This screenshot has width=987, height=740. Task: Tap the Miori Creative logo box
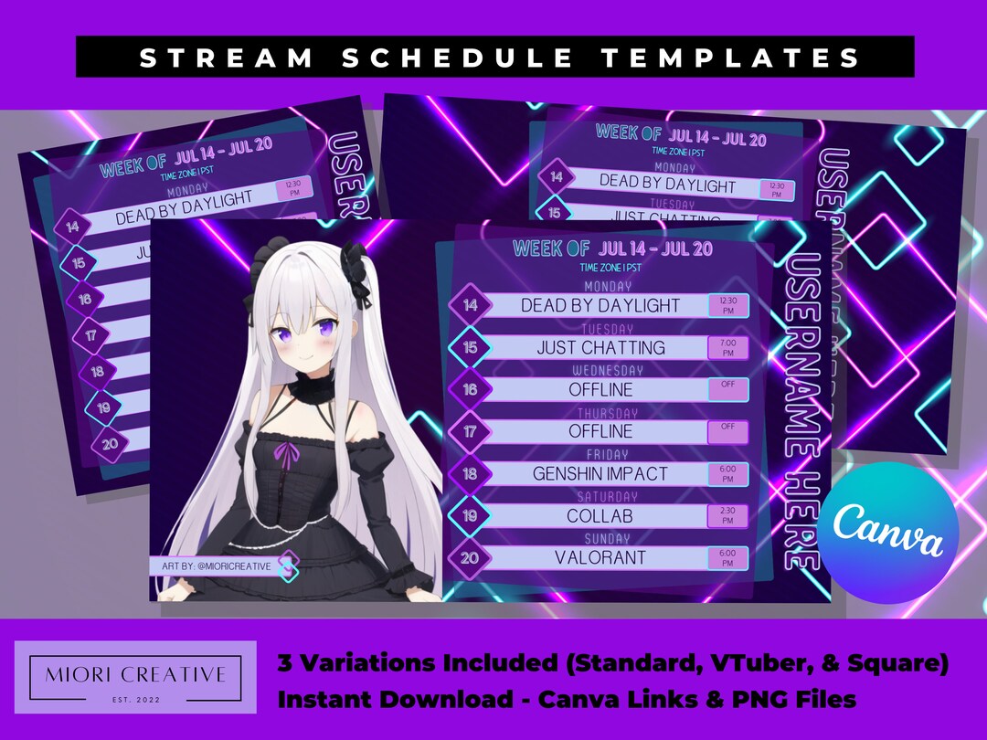pyautogui.click(x=135, y=676)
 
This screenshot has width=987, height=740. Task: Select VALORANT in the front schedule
pyautogui.click(x=600, y=557)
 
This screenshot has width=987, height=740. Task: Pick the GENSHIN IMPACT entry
pyautogui.click(x=600, y=473)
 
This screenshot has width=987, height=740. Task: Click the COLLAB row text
pyautogui.click(x=600, y=515)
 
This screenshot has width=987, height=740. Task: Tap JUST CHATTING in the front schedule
pyautogui.click(x=600, y=347)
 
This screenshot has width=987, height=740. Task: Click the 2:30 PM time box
pyautogui.click(x=727, y=515)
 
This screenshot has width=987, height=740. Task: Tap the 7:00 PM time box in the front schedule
pyautogui.click(x=727, y=347)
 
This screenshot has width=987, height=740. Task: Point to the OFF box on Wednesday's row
pyautogui.click(x=727, y=388)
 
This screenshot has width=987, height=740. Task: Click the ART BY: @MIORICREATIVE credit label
pyautogui.click(x=217, y=566)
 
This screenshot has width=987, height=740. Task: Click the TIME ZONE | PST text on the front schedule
pyautogui.click(x=610, y=268)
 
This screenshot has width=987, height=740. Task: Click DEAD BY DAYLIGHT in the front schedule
pyautogui.click(x=600, y=305)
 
